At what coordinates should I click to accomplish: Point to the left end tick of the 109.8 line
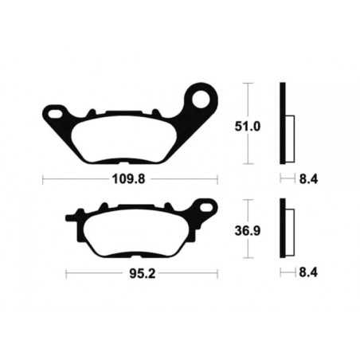(x=42, y=180)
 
